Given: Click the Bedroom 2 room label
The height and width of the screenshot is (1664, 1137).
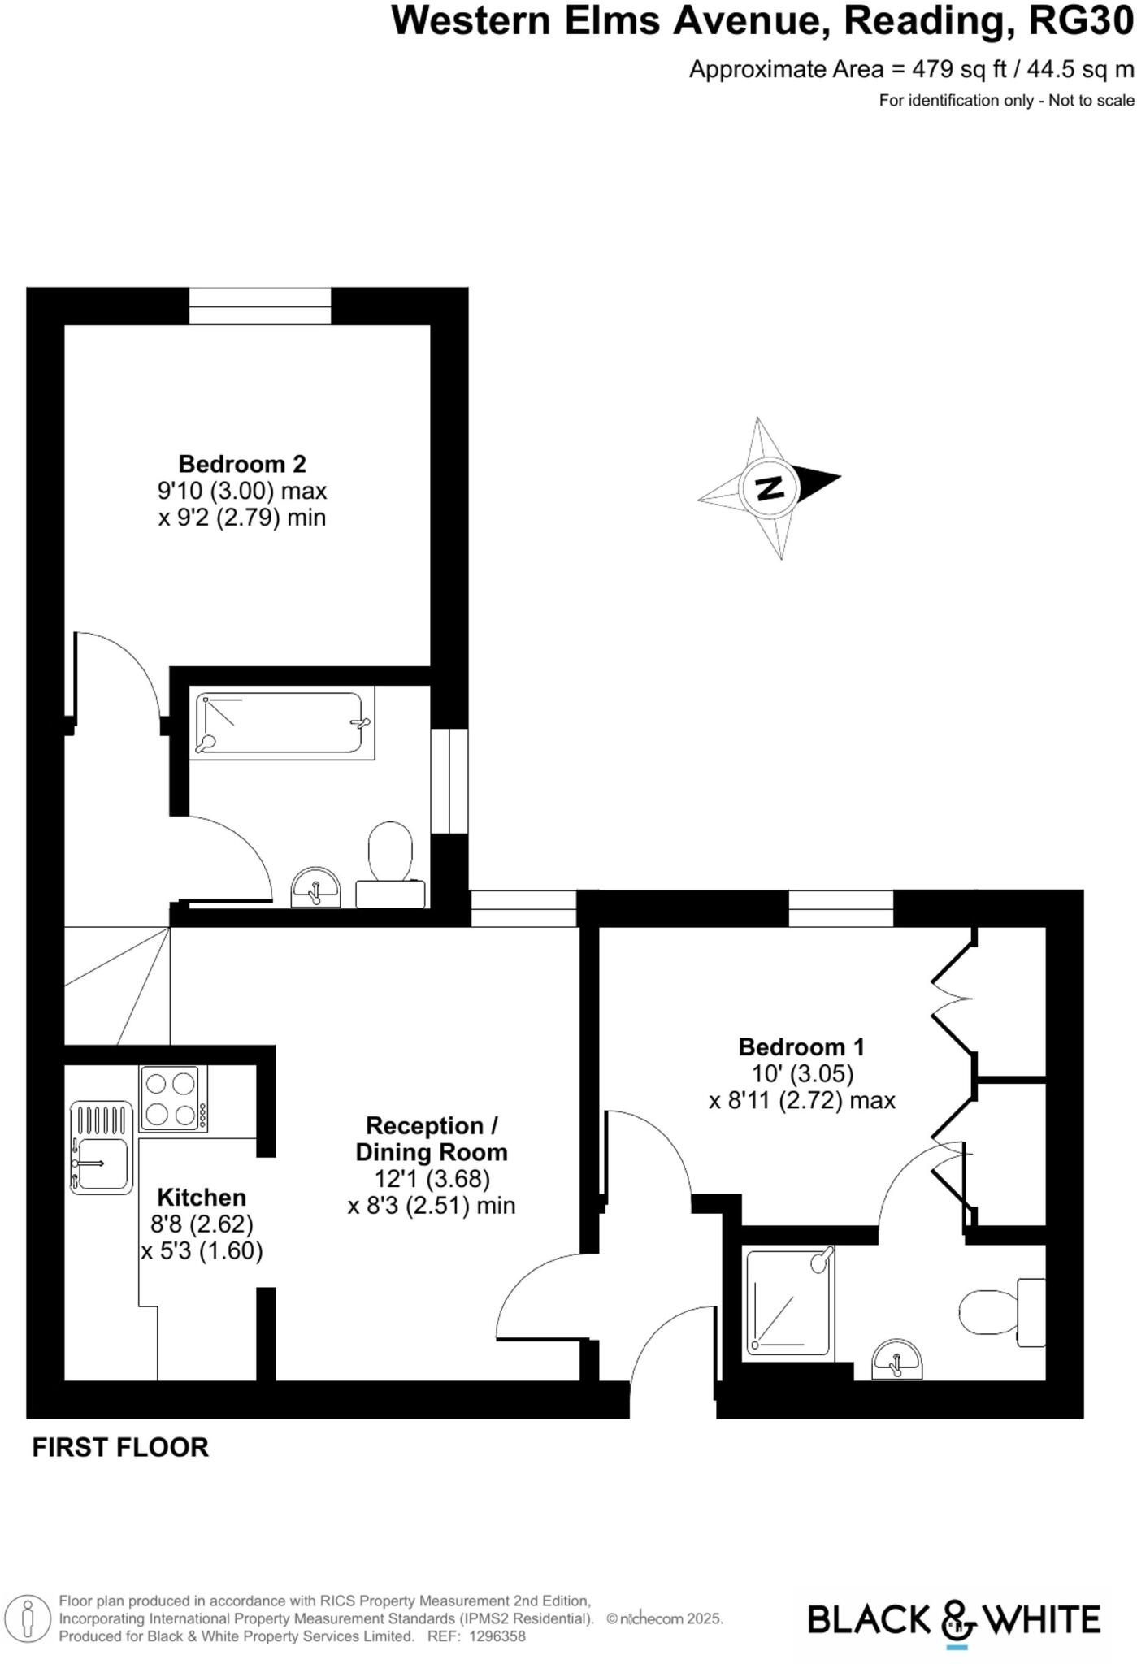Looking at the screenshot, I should [x=242, y=464].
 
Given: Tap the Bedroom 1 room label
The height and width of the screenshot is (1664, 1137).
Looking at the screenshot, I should [x=801, y=1046].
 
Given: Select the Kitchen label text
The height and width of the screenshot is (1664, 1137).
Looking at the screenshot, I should [x=202, y=1197].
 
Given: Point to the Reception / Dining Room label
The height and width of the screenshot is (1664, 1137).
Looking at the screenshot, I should [x=432, y=1139].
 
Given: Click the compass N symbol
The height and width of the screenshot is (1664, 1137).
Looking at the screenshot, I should [x=769, y=488].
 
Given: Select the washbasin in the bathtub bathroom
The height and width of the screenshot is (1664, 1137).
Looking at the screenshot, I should [x=315, y=887].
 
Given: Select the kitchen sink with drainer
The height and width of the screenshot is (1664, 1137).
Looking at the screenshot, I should [x=102, y=1147].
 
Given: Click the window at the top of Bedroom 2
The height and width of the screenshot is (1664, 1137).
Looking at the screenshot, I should [x=260, y=305].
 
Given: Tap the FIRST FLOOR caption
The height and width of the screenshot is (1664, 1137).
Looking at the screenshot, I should [x=120, y=1448].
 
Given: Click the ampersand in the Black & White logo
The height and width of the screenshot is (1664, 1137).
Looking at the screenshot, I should [x=958, y=1619].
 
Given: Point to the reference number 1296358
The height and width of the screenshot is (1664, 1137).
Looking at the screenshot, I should [x=497, y=1636].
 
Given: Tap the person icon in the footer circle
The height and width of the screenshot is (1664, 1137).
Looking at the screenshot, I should [x=28, y=1618].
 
